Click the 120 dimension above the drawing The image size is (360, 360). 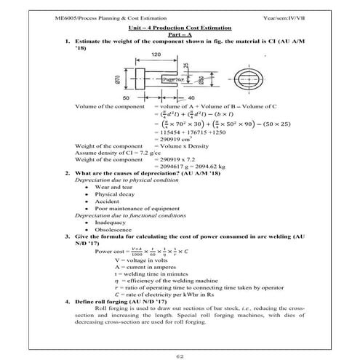[x=157, y=55]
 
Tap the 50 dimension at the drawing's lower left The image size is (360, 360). [x=127, y=97]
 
